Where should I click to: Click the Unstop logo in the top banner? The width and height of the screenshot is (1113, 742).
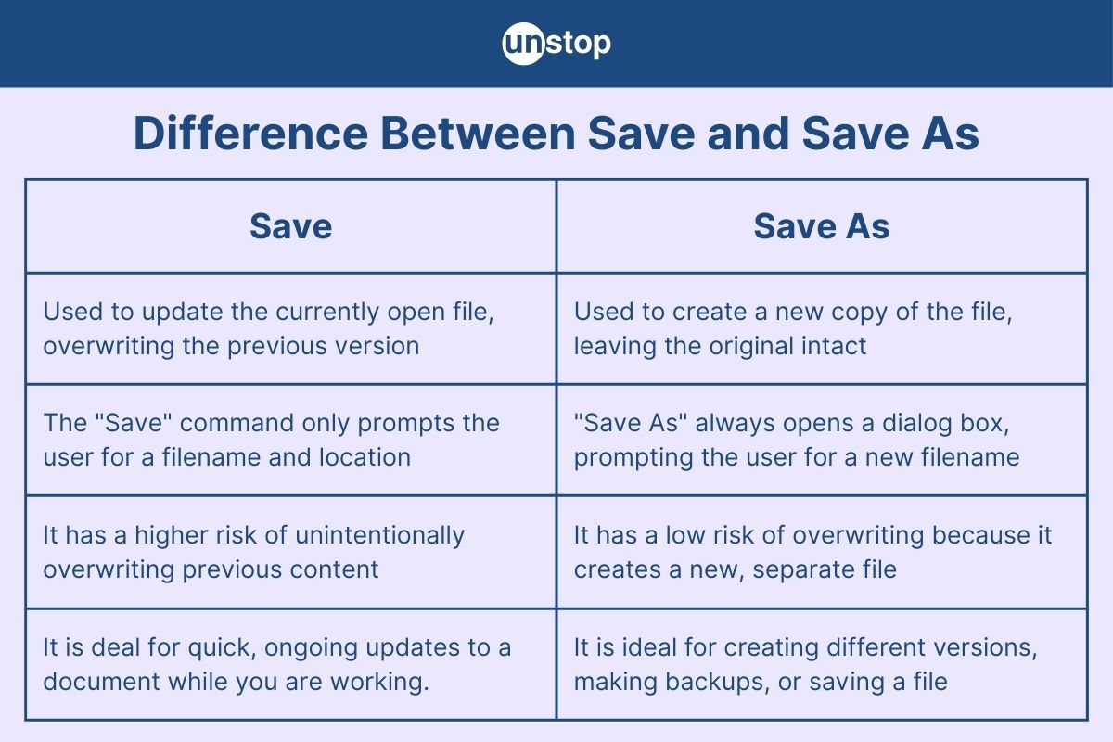tap(556, 44)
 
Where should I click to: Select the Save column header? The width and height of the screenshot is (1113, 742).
tap(290, 226)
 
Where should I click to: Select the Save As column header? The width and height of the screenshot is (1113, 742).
tap(821, 226)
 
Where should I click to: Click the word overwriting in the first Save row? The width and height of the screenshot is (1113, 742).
tap(100, 346)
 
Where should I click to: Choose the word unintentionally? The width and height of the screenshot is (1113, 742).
tap(379, 535)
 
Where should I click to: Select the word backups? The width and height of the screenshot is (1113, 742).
tap(713, 682)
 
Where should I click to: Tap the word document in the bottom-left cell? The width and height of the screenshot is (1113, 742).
tap(102, 682)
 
